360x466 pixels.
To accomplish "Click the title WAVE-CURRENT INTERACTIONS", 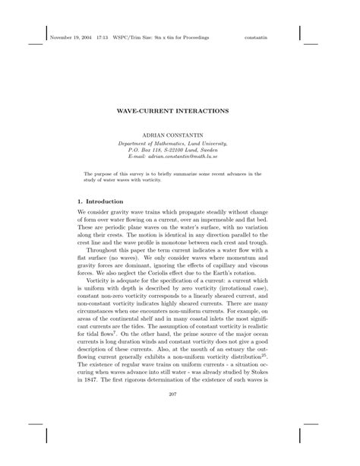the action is tap(179, 109).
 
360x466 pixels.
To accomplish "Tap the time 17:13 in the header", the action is tap(103, 36).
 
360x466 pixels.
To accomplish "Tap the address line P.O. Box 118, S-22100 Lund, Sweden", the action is tap(179, 149).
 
